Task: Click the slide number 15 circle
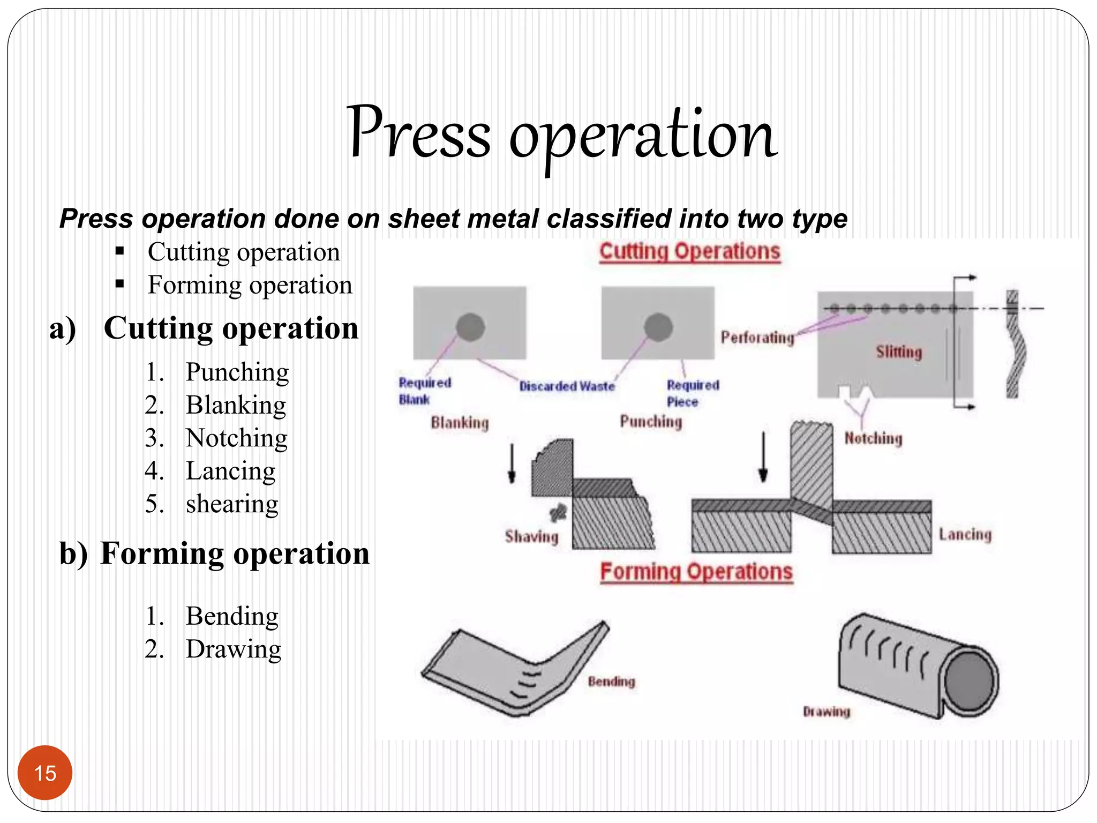click(45, 773)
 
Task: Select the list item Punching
click(237, 372)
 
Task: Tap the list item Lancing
click(230, 471)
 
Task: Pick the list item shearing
click(232, 504)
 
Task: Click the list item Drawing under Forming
click(233, 649)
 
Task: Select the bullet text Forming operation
click(250, 285)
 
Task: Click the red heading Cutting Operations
click(689, 252)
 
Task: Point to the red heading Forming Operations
click(696, 572)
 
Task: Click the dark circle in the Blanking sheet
click(470, 327)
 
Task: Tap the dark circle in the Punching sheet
click(658, 327)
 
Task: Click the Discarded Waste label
click(567, 386)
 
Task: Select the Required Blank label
click(424, 391)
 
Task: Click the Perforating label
click(757, 338)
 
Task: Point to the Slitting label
click(899, 352)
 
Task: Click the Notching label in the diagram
click(873, 438)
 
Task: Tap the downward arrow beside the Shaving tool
click(512, 463)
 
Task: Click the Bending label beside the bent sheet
click(611, 682)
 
